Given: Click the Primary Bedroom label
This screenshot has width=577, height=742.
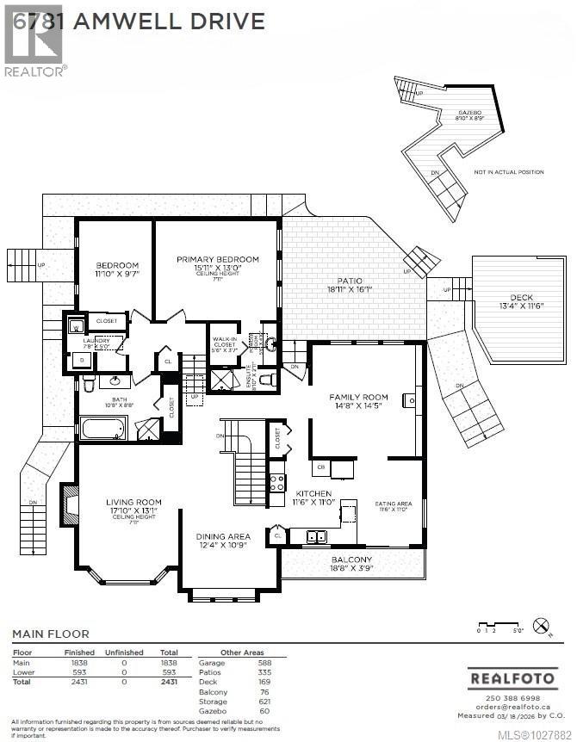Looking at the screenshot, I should (217, 259).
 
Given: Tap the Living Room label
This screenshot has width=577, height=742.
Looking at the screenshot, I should (133, 502).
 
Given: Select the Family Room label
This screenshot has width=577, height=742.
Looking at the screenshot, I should (358, 398).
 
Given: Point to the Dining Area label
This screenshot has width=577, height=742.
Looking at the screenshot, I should (222, 536).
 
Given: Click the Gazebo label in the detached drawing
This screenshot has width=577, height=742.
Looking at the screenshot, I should (468, 113).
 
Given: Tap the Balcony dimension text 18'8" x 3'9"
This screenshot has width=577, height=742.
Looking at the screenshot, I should (352, 567).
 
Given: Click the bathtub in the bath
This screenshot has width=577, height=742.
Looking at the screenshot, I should (102, 428).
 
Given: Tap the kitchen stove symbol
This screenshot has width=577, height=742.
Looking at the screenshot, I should (276, 483).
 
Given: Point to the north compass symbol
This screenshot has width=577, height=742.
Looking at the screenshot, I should (541, 626).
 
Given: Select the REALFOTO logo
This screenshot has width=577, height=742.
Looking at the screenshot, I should (511, 678).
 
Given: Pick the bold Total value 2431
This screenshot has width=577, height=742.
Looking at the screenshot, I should (168, 681).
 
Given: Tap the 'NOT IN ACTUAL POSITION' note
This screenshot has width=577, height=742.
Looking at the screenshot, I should (508, 172).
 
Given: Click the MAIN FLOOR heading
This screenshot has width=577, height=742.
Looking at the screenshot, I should (50, 634).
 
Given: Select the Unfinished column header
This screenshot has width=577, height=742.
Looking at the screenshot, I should (124, 653).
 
